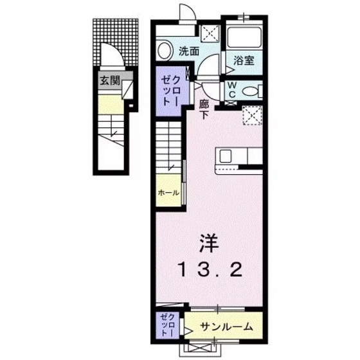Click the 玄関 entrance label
pos(109,81)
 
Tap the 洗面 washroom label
pos(188,51)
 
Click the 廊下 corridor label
pos(204,109)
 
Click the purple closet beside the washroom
pos(172,91)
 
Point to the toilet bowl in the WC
pos(251,90)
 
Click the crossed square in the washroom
pos(210,33)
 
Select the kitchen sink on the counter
pos(227,156)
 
